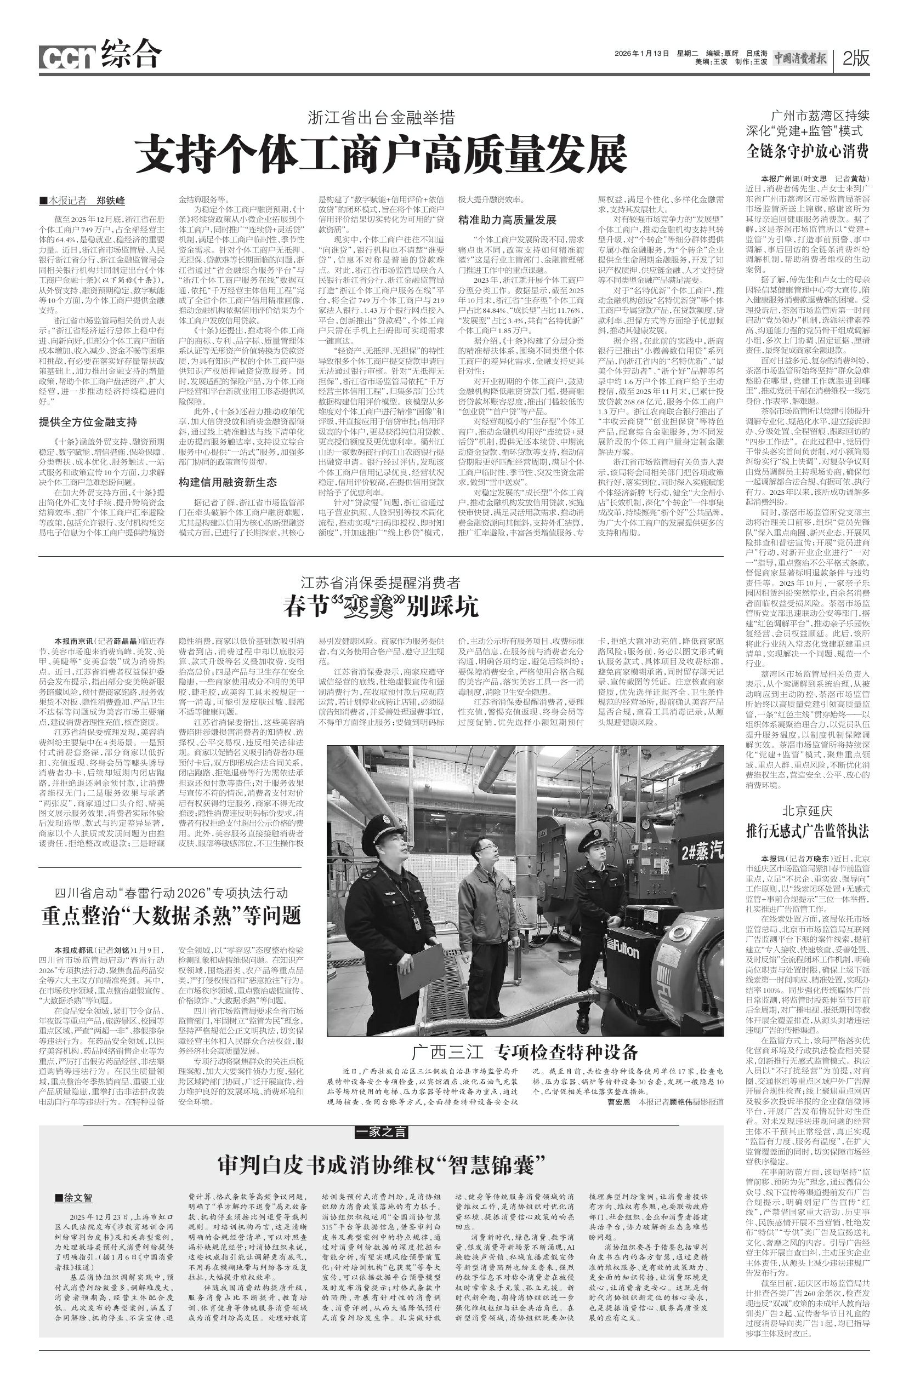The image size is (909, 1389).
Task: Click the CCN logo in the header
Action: pyautogui.click(x=67, y=57)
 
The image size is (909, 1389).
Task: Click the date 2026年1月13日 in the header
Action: pyautogui.click(x=641, y=53)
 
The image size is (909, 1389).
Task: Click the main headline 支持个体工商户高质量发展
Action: pyautogui.click(x=380, y=153)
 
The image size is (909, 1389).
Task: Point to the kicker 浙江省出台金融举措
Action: pyautogui.click(x=381, y=118)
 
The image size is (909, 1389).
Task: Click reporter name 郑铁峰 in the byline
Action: pyautogui.click(x=110, y=201)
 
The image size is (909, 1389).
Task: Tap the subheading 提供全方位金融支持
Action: pyautogui.click(x=88, y=421)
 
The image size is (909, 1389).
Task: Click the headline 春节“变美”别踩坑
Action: pyautogui.click(x=380, y=607)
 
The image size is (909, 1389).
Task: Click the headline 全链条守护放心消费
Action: pyautogui.click(x=808, y=151)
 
